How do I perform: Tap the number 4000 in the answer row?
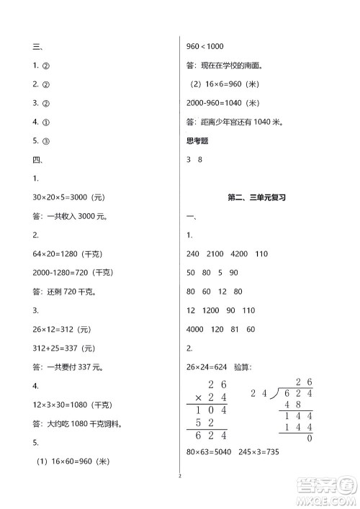[195, 329]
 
